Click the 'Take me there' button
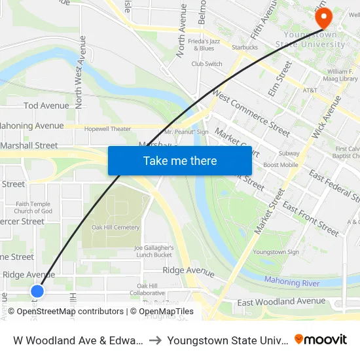pos(180,160)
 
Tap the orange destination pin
pos(323,18)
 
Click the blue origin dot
pos(37,291)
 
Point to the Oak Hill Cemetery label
pos(116,227)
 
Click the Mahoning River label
pos(292,282)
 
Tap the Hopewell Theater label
pos(107,129)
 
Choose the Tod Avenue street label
pos(46,105)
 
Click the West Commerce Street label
pos(251,115)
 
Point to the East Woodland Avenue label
pos(281,301)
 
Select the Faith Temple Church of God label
pos(33,207)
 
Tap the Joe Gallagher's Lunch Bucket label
pos(154,251)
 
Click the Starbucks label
pos(244,47)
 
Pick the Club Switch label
pos(207,64)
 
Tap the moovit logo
pos(320,340)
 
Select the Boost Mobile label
pos(280,165)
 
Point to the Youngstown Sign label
pos(276,252)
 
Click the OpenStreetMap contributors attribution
pos(69,312)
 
